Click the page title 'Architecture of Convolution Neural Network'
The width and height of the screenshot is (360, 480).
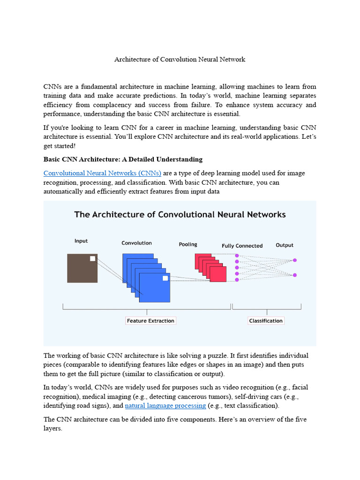pyautogui.click(x=180, y=60)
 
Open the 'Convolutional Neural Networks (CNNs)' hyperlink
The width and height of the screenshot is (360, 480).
pyautogui.click(x=102, y=173)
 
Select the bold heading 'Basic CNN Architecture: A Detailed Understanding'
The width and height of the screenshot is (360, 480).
pyautogui.click(x=123, y=159)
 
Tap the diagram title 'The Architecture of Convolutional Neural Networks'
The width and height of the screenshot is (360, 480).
pyautogui.click(x=180, y=215)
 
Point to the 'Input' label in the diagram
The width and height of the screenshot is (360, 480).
pyautogui.click(x=81, y=241)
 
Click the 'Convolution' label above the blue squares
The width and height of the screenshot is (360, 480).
pyautogui.click(x=136, y=243)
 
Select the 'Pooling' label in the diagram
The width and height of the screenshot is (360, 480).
pyautogui.click(x=188, y=244)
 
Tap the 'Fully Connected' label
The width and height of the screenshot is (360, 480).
pyautogui.click(x=242, y=246)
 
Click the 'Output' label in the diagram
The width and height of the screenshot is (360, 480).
pyautogui.click(x=285, y=245)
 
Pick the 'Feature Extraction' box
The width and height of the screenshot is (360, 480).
pyautogui.click(x=150, y=321)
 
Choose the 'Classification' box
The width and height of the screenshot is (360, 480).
pyautogui.click(x=266, y=321)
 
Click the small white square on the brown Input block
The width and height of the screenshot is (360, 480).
pyautogui.click(x=92, y=258)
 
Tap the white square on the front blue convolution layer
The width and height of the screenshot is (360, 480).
pyautogui.click(x=165, y=278)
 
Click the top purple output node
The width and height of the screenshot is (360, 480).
pyautogui.click(x=295, y=260)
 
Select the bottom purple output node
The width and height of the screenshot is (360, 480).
pyautogui.click(x=295, y=275)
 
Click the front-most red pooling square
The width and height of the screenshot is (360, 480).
pyautogui.click(x=218, y=274)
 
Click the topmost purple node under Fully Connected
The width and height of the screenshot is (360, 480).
pyautogui.click(x=237, y=255)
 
